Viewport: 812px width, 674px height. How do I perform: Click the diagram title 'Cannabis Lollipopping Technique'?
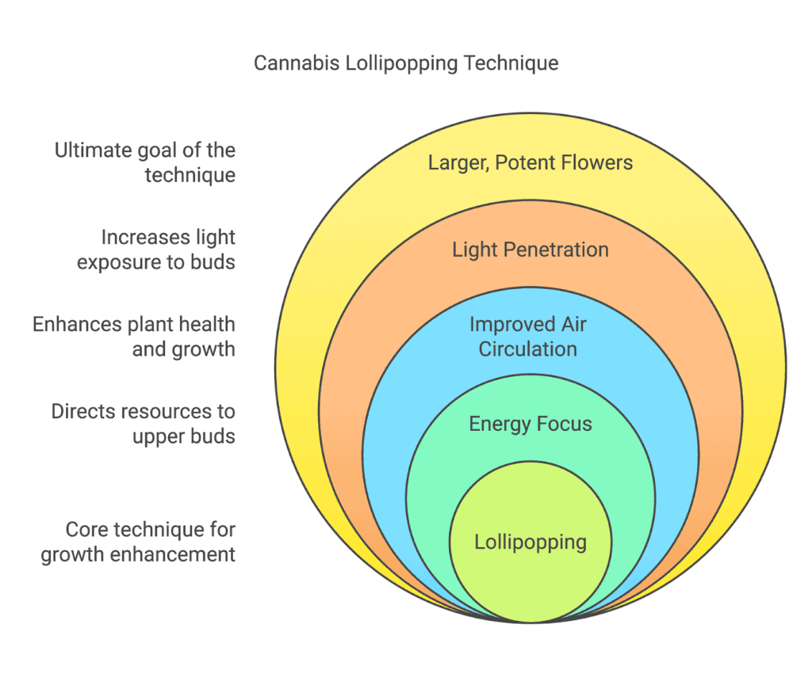pos(406,63)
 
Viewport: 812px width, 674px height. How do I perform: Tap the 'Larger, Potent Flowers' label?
pos(530,163)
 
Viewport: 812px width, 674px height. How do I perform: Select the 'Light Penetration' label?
pos(530,249)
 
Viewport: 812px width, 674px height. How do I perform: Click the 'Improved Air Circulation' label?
pos(527,337)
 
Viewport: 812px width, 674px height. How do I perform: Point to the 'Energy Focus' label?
pos(530,425)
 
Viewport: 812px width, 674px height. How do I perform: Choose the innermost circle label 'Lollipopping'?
pos(530,543)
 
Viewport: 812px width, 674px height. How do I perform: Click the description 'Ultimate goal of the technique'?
pos(145,162)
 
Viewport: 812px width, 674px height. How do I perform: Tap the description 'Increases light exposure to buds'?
pos(156,249)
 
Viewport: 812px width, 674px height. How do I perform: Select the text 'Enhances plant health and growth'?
pos(133,337)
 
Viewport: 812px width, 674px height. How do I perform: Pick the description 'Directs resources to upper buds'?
pos(143,425)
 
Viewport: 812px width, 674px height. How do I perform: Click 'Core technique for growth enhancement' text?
pos(138,542)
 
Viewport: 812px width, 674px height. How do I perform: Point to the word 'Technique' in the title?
pos(511,63)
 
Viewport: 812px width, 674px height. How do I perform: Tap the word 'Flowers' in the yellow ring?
pos(597,163)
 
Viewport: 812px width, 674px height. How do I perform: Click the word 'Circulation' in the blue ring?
pos(527,349)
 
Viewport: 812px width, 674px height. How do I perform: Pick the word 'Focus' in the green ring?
pos(564,425)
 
